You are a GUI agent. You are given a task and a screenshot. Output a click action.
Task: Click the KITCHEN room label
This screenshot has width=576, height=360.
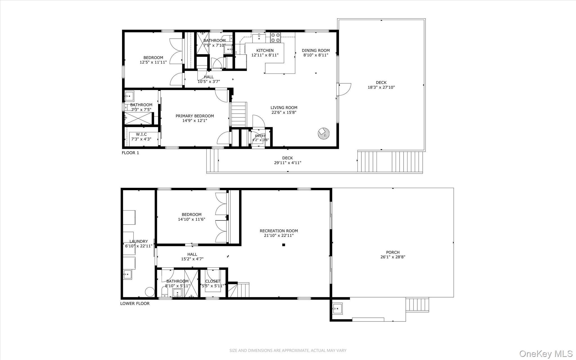pos(265,51)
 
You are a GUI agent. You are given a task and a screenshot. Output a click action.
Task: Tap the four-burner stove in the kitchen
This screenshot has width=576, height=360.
pos(276,38)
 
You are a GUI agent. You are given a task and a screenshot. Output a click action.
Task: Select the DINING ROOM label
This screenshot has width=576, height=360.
pos(316,51)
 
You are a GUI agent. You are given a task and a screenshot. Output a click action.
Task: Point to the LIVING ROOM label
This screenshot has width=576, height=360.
pos(284,108)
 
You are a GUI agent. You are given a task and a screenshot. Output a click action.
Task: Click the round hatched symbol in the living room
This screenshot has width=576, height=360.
pos(324,133)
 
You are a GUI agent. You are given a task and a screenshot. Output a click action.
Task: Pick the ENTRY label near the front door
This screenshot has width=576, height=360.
pos(260,136)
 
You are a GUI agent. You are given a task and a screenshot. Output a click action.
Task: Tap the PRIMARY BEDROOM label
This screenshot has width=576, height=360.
pos(195,116)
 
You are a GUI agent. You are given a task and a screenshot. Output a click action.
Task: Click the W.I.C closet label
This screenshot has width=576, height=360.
pos(141,134)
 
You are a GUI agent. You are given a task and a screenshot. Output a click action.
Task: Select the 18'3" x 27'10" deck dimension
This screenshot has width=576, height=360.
pos(381,87)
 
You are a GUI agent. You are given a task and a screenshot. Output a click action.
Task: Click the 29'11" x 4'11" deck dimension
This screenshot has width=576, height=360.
pos(288,163)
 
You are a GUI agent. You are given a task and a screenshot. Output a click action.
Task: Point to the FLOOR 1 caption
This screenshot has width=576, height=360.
pos(130,153)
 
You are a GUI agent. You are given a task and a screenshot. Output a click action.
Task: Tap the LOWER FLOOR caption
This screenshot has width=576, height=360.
pos(135,303)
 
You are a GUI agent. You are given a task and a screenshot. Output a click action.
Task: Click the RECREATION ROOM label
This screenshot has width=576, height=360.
pos(279,231)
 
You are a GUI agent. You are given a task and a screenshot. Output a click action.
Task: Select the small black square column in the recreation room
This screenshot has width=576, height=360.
pos(284,245)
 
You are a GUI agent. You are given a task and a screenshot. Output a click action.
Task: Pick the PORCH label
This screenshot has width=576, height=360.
pos(393,252)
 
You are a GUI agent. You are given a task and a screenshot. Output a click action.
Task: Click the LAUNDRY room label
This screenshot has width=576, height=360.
pos(139,242)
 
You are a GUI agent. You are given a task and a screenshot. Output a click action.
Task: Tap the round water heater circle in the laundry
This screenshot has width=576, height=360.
pos(150,292)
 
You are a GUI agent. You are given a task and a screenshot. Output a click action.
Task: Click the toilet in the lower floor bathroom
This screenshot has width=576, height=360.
pos(165,292)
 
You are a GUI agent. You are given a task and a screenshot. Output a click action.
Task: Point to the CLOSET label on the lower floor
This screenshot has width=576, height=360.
pos(213,281)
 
